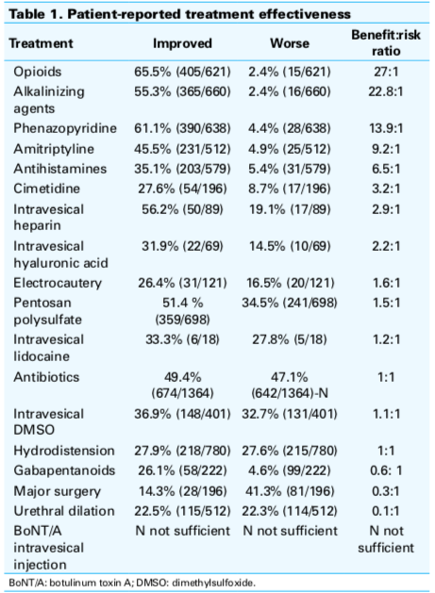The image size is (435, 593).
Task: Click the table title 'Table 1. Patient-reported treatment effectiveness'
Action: (179, 14)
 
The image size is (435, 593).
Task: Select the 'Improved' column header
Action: (182, 43)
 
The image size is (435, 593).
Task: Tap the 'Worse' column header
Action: (290, 43)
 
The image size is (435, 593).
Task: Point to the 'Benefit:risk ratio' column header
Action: (386, 42)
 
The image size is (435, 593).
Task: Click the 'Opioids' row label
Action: (38, 72)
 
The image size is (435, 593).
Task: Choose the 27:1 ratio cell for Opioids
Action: (386, 72)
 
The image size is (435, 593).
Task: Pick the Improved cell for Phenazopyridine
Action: (182, 128)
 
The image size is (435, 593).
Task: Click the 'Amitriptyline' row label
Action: (54, 149)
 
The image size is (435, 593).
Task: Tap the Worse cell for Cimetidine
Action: (290, 189)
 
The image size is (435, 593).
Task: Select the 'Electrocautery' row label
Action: (58, 283)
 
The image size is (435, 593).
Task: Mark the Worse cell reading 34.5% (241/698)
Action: (290, 303)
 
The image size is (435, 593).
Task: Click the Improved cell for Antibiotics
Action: (182, 385)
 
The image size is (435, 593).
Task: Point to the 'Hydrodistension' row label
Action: (64, 451)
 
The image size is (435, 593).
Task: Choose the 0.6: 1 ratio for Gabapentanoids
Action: (386, 470)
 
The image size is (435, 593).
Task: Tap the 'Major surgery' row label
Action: (58, 491)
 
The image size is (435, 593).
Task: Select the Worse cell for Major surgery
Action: (290, 491)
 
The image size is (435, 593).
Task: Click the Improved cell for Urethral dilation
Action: (182, 511)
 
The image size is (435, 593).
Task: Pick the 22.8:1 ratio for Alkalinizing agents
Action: (386, 91)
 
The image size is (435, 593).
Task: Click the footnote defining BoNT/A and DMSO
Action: (132, 583)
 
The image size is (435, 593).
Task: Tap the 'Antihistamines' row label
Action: (60, 169)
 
